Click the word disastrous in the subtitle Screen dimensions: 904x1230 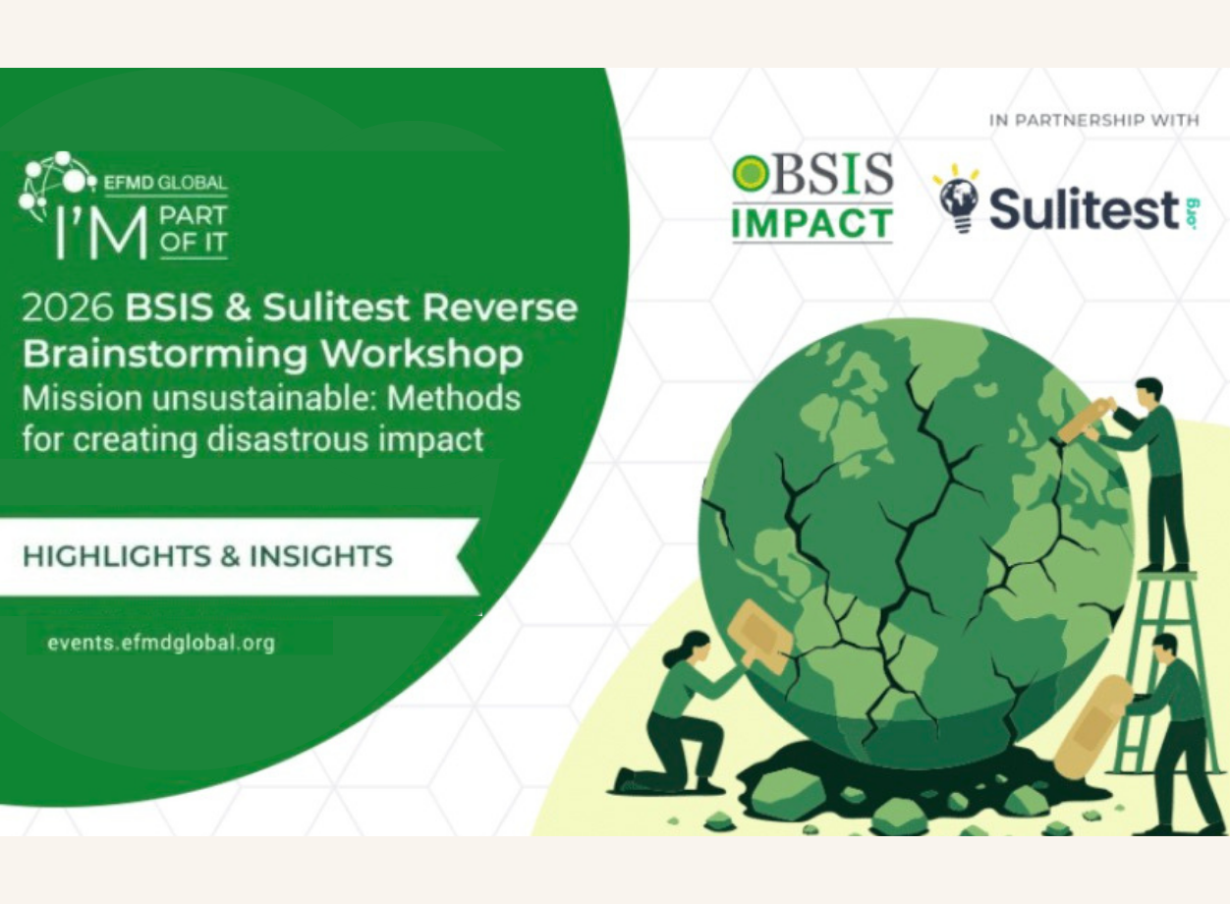293,439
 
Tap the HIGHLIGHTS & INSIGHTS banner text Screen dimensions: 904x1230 207,556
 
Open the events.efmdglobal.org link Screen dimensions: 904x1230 161,644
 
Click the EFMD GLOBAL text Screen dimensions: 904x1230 172,183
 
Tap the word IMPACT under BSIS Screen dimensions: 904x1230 811,224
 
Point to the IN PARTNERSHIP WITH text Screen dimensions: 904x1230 1093,121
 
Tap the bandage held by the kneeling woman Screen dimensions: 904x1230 760,638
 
